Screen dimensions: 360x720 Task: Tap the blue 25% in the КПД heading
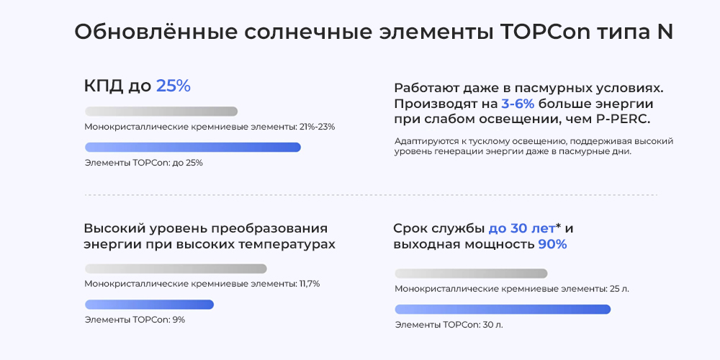[173, 86]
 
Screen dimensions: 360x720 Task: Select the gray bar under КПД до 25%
[161, 112]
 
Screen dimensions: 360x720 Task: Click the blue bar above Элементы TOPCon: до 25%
[192, 148]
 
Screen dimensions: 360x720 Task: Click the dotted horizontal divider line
[371, 194]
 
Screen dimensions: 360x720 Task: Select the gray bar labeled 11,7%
[176, 269]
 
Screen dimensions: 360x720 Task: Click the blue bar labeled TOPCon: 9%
[149, 305]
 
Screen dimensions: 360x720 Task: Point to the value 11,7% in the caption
[309, 284]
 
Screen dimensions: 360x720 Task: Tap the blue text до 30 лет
[521, 228]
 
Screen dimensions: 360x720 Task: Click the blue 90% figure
[552, 245]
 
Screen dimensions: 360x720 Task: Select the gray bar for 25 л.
[471, 274]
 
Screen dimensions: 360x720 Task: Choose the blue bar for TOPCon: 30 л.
[503, 310]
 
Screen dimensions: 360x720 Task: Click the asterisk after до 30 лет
[559, 226]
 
